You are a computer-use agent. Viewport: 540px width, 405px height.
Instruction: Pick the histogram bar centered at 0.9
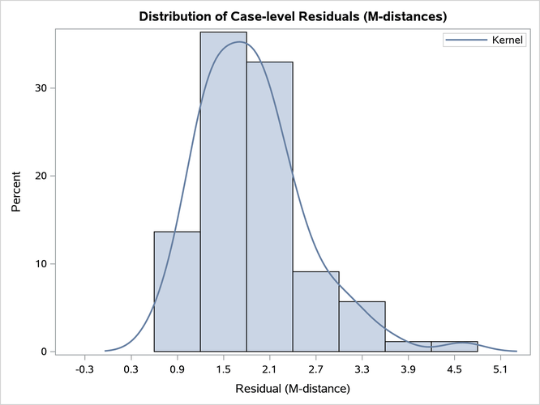177,292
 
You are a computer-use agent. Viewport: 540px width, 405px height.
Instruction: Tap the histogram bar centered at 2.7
315,311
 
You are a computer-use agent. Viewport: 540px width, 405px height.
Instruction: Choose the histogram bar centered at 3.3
362,326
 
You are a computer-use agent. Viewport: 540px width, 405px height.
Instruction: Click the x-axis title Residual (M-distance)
292,389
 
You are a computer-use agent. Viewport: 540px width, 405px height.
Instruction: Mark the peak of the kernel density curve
239,42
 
